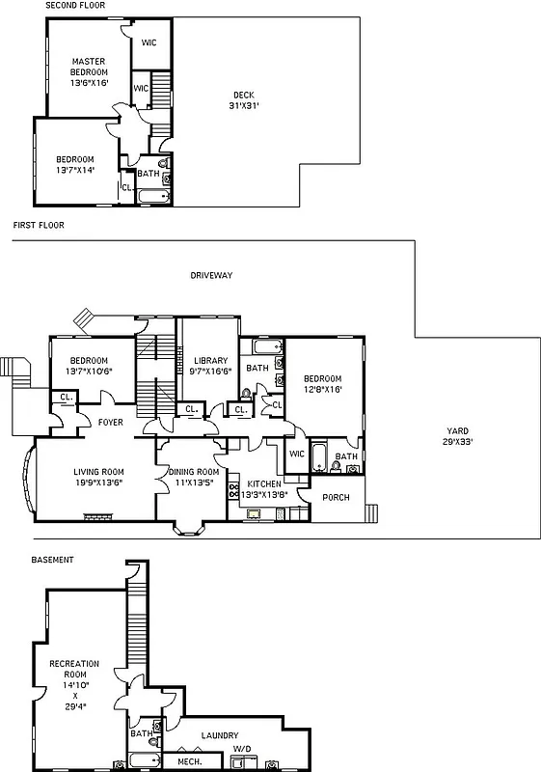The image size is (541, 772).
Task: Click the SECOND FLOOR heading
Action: tap(75, 6)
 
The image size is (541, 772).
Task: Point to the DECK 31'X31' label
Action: tap(244, 99)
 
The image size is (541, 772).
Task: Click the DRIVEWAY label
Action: tap(211, 275)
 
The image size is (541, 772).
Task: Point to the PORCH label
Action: tap(337, 498)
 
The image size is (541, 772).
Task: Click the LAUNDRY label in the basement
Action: tap(220, 735)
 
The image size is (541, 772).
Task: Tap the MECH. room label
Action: tap(188, 761)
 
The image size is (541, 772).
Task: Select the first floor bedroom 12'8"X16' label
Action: tap(324, 384)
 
